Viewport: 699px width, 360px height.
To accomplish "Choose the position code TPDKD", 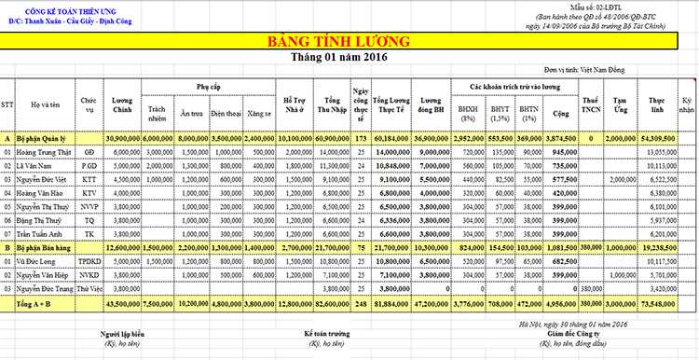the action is point(89,262).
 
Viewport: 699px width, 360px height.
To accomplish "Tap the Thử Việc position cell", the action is point(89,290).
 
